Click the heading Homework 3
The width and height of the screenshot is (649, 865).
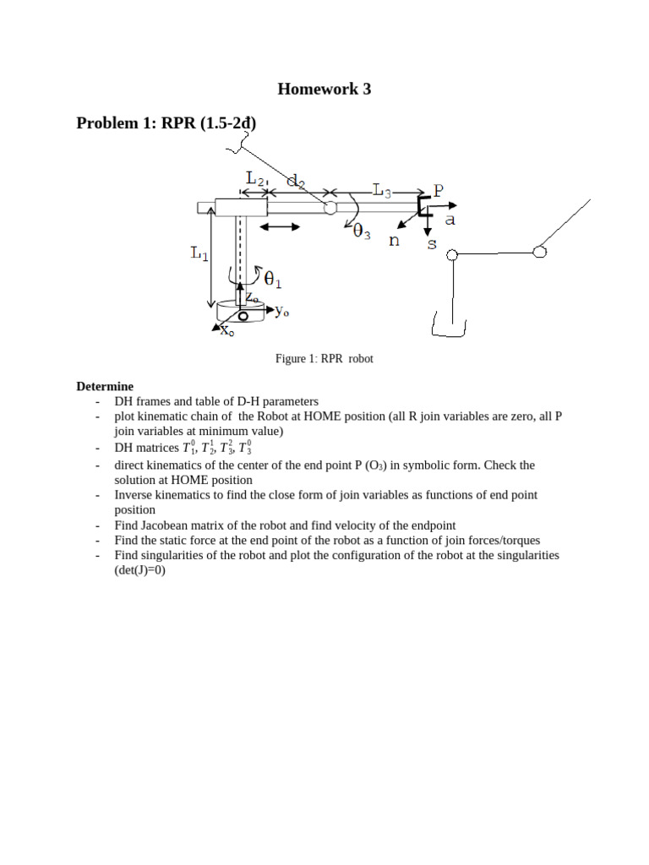[324, 89]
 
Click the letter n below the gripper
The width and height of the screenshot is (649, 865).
[393, 240]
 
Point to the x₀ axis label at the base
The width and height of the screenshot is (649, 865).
[226, 331]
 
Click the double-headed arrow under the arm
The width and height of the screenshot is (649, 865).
[278, 227]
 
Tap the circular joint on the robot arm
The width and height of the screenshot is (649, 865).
[330, 207]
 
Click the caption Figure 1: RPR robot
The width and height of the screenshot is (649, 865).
[324, 359]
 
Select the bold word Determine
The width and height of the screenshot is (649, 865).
[105, 386]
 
